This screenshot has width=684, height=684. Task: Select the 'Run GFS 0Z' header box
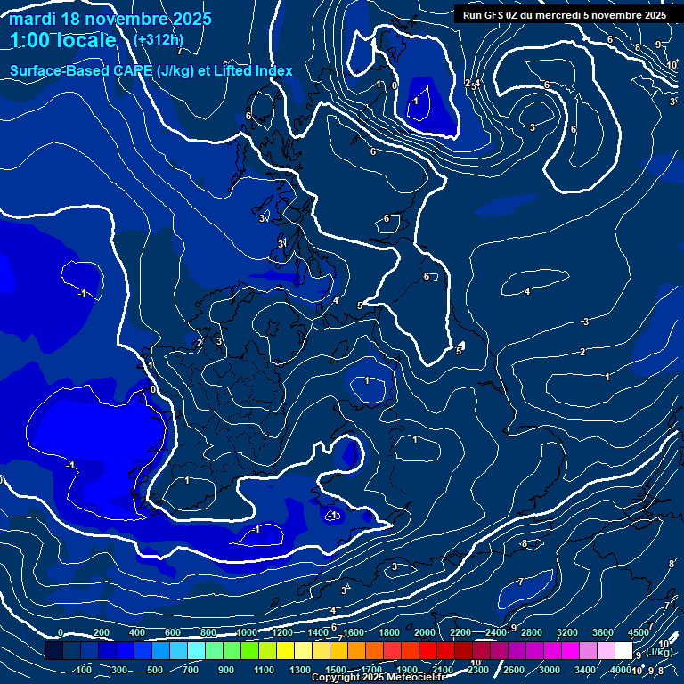pos(566,14)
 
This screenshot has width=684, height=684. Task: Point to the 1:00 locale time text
pos(63,40)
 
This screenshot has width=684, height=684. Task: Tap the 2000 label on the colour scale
pos(425,632)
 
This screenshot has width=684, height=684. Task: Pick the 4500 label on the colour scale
pos(639,632)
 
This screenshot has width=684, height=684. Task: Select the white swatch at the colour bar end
pos(623,651)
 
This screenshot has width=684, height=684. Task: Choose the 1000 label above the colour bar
pos(247,632)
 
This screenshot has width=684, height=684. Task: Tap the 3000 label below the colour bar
pos(550,670)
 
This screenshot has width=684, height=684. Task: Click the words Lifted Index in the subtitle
pos(256,70)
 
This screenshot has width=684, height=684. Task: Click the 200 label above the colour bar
pos(101,632)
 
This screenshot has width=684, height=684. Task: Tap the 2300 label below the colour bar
pos(478,670)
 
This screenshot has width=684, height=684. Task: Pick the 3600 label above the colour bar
pos(603,632)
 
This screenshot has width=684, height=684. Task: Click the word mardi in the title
pos(32,19)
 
